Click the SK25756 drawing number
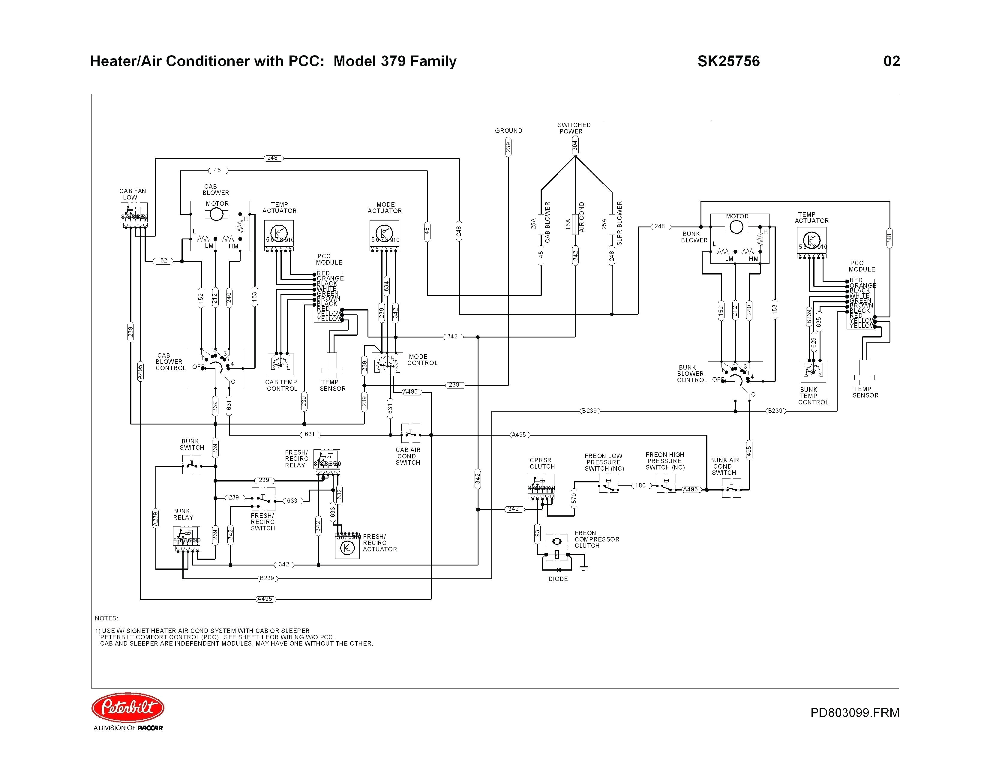point(728,61)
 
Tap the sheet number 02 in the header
point(891,61)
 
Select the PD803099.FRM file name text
point(854,712)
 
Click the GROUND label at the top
point(508,130)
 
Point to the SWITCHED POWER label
point(573,128)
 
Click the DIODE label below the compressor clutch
point(558,579)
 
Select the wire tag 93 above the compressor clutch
point(537,533)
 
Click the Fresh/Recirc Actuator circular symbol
point(347,548)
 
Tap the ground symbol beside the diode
point(584,567)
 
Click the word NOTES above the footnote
point(106,618)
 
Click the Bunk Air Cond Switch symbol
point(731,488)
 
